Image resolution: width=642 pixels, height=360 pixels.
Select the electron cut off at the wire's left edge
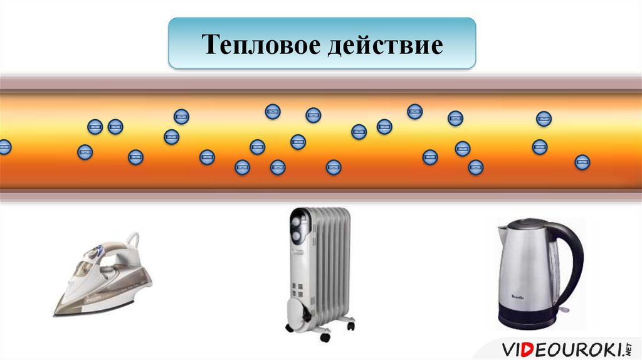coord(4,147)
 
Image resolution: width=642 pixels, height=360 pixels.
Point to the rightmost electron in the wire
coord(582,162)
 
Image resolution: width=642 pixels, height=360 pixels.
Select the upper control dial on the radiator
coord(297,221)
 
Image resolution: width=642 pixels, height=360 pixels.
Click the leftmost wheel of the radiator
coord(290,328)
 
